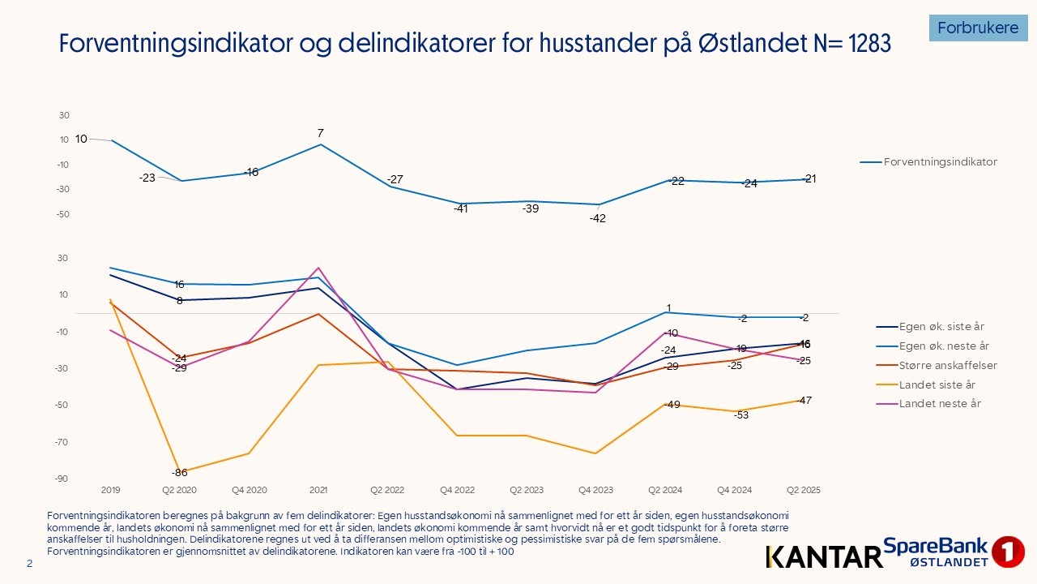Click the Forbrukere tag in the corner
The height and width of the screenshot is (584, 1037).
(x=978, y=28)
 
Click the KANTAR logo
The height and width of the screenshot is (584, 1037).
(x=823, y=556)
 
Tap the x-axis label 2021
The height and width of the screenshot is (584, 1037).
(x=318, y=491)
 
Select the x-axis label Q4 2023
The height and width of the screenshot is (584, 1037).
(x=595, y=491)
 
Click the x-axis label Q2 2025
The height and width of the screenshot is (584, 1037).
(x=804, y=491)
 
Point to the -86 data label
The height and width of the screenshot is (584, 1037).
(x=179, y=473)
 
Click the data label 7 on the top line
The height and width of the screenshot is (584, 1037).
(x=321, y=133)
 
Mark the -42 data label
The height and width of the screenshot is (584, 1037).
(x=598, y=218)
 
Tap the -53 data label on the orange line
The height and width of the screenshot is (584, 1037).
(x=741, y=416)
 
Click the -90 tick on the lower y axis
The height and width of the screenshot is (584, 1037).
(x=62, y=479)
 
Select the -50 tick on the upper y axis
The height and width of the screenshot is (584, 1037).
(x=64, y=215)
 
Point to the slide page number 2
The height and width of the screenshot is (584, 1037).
(x=30, y=564)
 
